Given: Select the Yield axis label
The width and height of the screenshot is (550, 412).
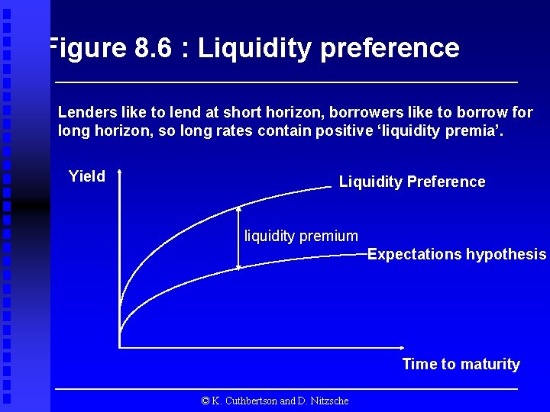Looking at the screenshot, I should pos(87,176).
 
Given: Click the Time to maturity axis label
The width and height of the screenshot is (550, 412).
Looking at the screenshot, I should pos(461,364).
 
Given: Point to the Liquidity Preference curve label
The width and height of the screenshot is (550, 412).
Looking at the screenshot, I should pos(412,182).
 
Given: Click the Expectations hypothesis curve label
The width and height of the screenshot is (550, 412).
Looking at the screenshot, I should pos(457,254).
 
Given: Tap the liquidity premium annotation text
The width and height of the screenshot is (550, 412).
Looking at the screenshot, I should pos(300,236).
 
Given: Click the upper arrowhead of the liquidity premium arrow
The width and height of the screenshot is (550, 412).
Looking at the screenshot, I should pos(239,208).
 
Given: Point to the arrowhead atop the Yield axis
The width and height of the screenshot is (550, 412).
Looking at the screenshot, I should pos(120,174).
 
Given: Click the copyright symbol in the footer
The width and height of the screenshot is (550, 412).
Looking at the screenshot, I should pos(205,401).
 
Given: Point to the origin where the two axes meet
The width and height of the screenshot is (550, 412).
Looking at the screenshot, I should pos(120,348).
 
